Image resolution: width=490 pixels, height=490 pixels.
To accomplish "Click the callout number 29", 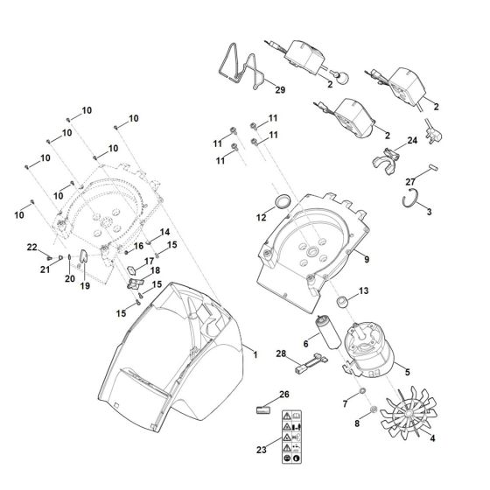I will pos(279,90).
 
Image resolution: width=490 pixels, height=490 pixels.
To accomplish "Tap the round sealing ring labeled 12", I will pos(282,203).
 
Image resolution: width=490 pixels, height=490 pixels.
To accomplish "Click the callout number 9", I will pos(367,260).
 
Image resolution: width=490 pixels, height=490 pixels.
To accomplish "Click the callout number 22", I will pos(31,248).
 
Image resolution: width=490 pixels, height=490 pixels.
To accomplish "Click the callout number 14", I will pos(165,233).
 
